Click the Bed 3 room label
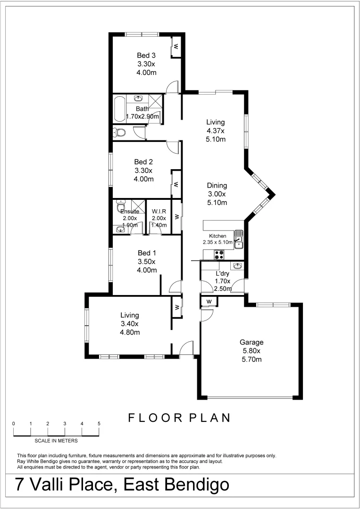click(146, 55)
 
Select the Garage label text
click(251, 343)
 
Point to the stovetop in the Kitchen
click(219, 254)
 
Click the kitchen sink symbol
click(239, 239)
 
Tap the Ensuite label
click(129, 212)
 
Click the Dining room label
click(218, 186)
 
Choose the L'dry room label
click(223, 273)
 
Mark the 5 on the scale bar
click(99, 423)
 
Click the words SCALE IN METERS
click(56, 441)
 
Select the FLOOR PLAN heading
click(179, 418)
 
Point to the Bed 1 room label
click(146, 253)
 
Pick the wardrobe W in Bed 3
click(175, 47)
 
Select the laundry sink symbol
click(239, 267)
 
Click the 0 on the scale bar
click(14, 423)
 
